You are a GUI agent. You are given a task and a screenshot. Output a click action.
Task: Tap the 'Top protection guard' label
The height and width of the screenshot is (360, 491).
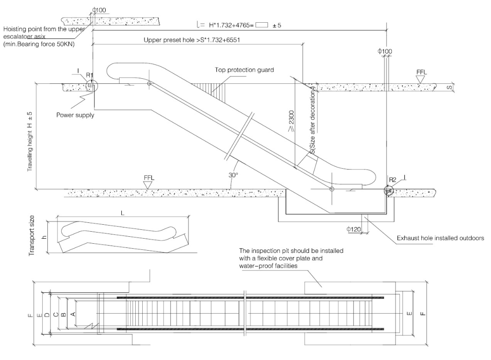244,70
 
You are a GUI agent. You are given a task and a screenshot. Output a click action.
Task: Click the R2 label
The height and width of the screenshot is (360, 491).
392,180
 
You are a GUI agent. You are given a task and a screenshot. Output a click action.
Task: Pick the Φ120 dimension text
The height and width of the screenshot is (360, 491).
353,228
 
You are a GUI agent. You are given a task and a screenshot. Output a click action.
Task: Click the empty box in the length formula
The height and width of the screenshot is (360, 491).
261,26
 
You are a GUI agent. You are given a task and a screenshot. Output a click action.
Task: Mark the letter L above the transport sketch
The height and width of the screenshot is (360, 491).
123,215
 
